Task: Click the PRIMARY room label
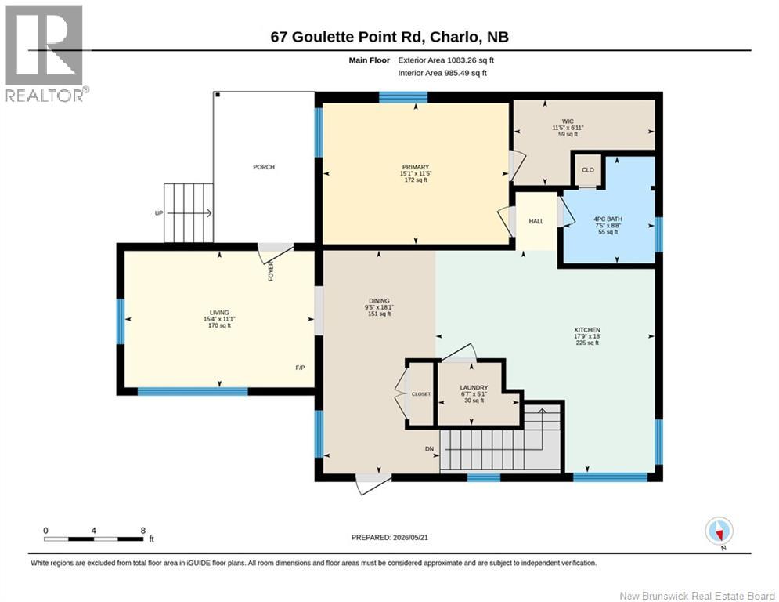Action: [416, 167]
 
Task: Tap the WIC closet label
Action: [568, 121]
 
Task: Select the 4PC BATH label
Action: [608, 219]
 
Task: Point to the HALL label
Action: [536, 221]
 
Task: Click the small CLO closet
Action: [588, 170]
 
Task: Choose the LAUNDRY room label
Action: [474, 387]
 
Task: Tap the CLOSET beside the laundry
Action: [421, 394]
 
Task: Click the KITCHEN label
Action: [587, 330]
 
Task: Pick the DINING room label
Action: [379, 301]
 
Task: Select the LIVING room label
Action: [219, 313]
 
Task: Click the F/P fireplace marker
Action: [300, 368]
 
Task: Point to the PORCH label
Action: [264, 167]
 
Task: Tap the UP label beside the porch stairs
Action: [159, 213]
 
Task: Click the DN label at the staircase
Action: [429, 449]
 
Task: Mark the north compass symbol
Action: [719, 531]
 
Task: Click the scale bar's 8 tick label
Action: [143, 531]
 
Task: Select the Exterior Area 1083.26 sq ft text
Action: [446, 60]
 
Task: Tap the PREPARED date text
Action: [390, 537]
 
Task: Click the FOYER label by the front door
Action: [271, 272]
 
